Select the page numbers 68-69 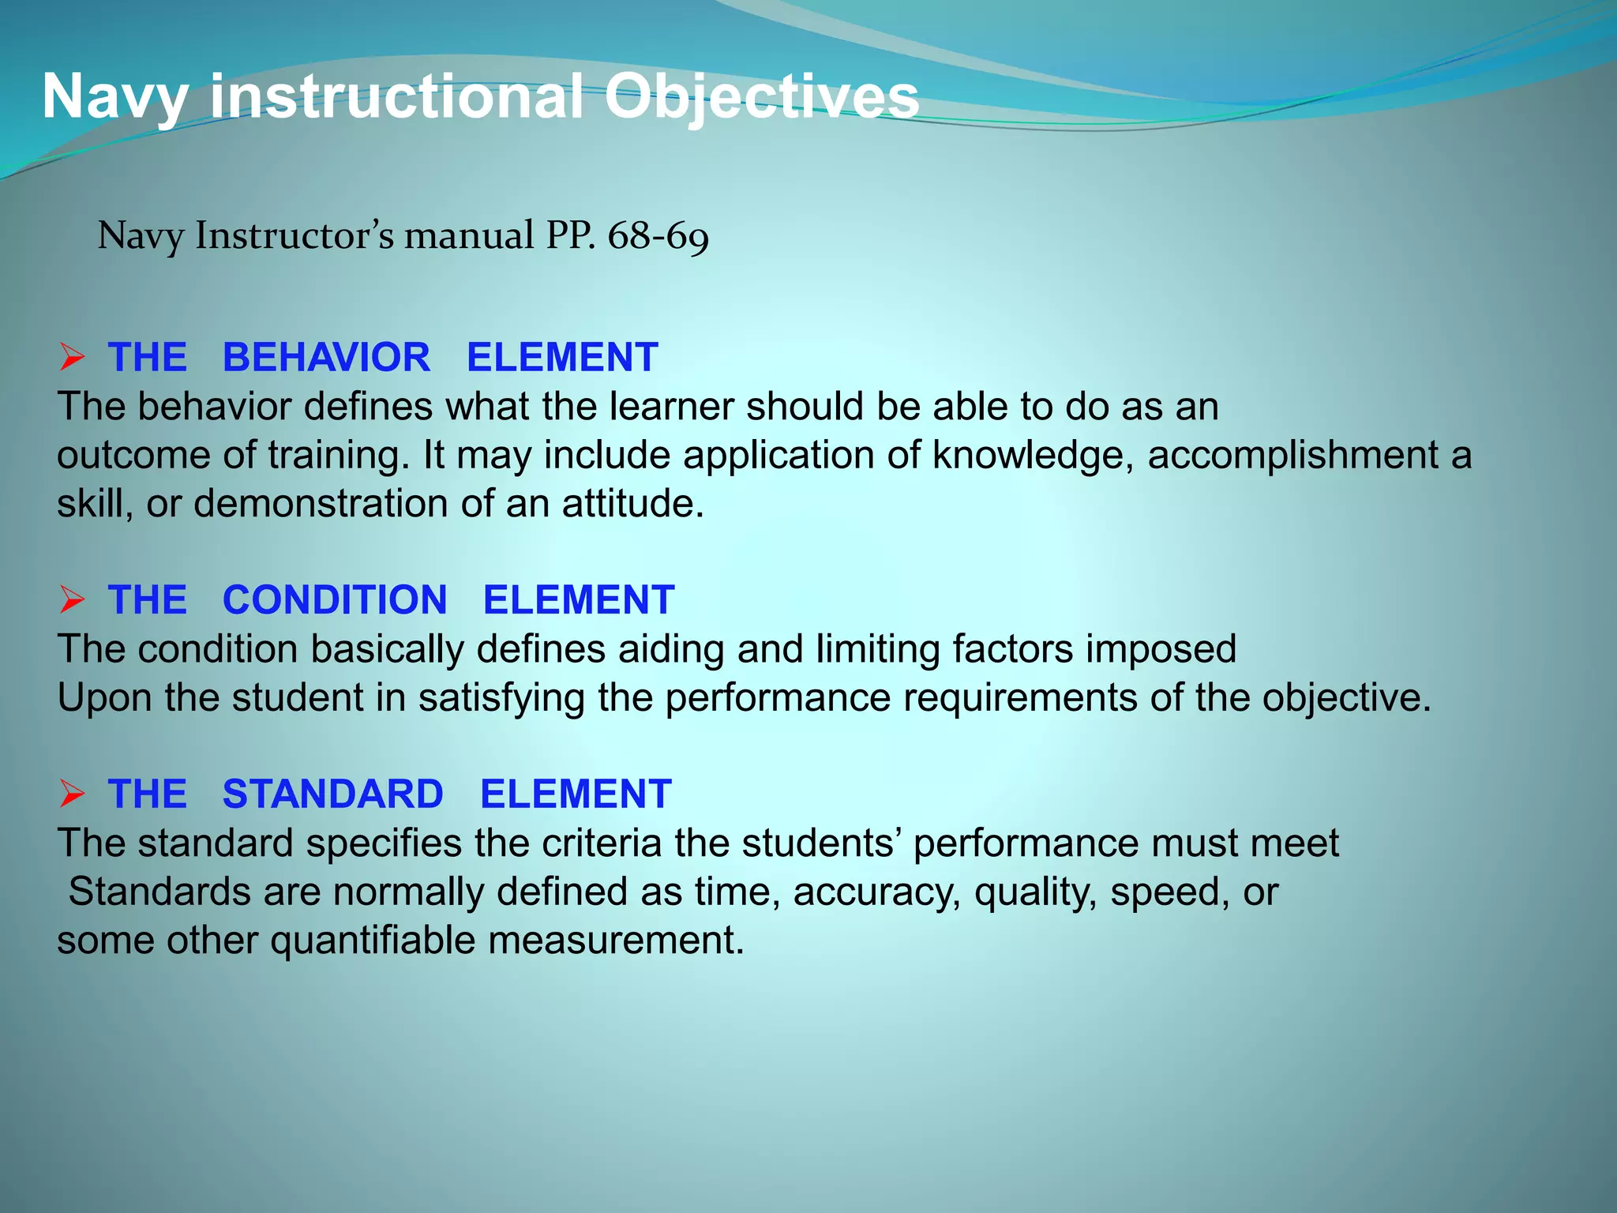[x=658, y=236]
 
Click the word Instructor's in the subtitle [x=294, y=236]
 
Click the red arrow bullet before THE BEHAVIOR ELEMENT [x=72, y=359]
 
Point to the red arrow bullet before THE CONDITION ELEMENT [x=72, y=601]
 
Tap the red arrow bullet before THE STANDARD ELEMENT [x=72, y=794]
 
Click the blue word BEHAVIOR [x=326, y=358]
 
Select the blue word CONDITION [x=335, y=600]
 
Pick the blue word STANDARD [x=332, y=794]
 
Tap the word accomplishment [x=1292, y=456]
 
